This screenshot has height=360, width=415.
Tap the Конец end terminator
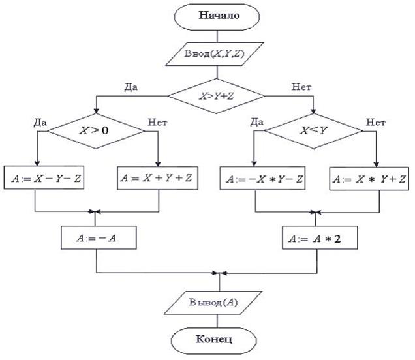[x=219, y=340]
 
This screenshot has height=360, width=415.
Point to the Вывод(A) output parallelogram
[x=219, y=303]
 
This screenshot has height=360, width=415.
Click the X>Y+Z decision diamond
[x=217, y=95]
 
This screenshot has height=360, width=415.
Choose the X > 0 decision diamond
[x=97, y=130]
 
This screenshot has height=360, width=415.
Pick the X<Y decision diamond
[x=313, y=131]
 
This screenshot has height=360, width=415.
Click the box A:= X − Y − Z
[x=44, y=176]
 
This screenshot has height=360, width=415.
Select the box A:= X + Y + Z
[x=159, y=177]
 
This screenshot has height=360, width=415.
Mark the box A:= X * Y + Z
[x=369, y=177]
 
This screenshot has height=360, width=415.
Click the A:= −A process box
[x=97, y=238]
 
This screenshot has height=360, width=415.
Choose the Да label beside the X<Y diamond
[x=256, y=121]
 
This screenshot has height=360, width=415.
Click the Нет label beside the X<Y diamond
[x=375, y=121]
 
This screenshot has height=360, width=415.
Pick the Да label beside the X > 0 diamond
[x=38, y=121]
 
